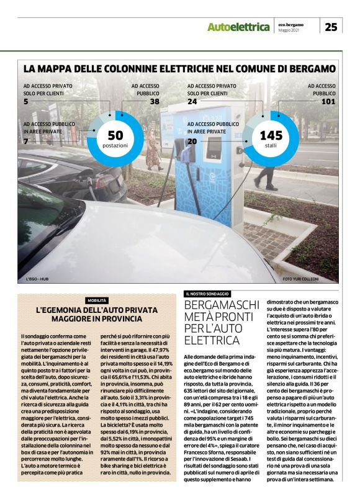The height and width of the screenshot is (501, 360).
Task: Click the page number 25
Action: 331,27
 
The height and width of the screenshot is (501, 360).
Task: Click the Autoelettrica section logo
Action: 238,27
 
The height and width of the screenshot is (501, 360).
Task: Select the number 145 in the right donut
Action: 271,136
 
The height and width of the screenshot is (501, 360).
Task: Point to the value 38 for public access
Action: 155,101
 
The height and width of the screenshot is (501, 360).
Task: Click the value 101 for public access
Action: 328,101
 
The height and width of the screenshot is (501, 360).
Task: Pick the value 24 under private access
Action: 192,101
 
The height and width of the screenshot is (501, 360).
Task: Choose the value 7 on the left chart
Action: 26,142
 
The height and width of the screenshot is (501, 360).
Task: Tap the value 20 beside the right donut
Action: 192,142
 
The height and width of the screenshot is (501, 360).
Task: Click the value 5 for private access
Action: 26,101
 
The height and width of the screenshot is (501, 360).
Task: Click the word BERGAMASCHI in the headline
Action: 222,305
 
